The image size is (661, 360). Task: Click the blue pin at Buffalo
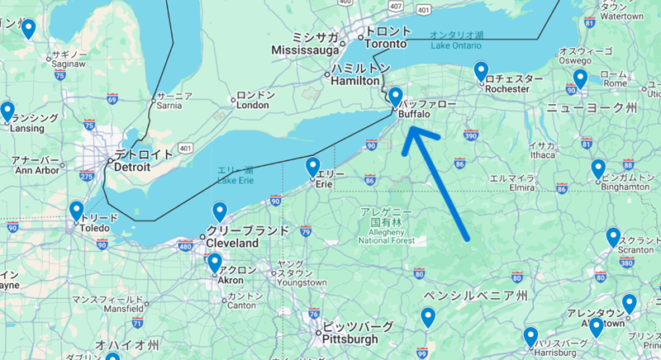point(395,97)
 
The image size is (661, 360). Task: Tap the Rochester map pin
point(481,72)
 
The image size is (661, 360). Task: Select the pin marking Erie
point(313,168)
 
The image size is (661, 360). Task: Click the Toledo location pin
point(77,211)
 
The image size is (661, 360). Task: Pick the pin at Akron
point(215,263)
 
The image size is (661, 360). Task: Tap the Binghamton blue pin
point(598,169)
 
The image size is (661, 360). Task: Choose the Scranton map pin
point(613,238)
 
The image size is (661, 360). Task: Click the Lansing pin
point(7,111)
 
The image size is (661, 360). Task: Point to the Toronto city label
point(386,43)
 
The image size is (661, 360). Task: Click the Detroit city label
point(132,166)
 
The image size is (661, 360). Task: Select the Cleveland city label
point(236,243)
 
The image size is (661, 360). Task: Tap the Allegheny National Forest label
point(385,239)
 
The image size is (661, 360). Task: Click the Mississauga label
point(306,50)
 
